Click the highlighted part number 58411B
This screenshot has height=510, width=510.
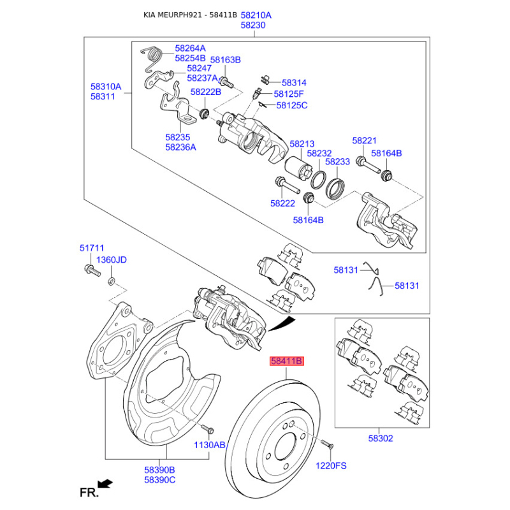pyautogui.click(x=286, y=361)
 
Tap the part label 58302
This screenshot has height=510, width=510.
pyautogui.click(x=380, y=438)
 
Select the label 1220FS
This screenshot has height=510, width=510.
pyautogui.click(x=331, y=465)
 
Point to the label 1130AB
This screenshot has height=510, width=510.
pyautogui.click(x=210, y=446)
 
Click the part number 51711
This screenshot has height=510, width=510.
pyautogui.click(x=91, y=248)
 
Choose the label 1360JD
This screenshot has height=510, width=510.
pyautogui.click(x=111, y=259)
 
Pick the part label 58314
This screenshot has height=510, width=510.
pyautogui.click(x=294, y=83)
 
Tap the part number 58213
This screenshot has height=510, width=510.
pyautogui.click(x=302, y=144)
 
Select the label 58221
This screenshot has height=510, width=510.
pyautogui.click(x=365, y=140)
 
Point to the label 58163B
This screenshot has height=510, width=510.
pyautogui.click(x=226, y=60)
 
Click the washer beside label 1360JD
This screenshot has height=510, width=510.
pyautogui.click(x=112, y=280)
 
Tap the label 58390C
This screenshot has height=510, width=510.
pyautogui.click(x=159, y=479)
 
